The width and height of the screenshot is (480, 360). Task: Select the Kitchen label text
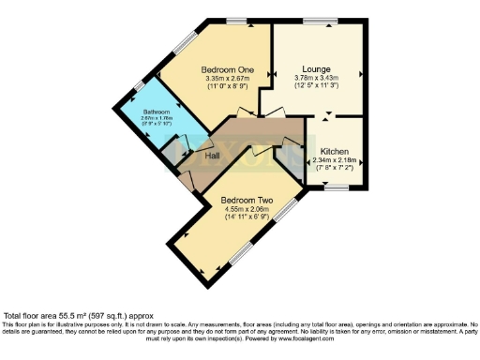click(x=335, y=150)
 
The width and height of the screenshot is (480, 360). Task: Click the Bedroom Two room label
click(x=247, y=200)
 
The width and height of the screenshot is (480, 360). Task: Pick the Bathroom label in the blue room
click(x=156, y=112)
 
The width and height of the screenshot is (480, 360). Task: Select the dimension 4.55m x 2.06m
click(x=247, y=209)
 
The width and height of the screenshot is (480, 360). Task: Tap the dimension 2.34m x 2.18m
click(x=335, y=159)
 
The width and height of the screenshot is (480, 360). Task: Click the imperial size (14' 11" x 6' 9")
click(x=247, y=217)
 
